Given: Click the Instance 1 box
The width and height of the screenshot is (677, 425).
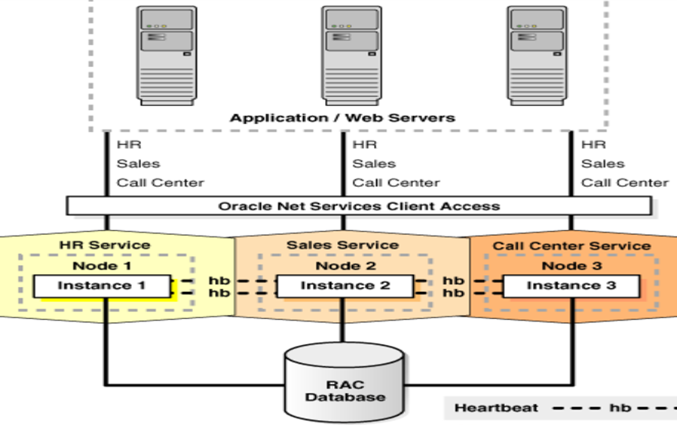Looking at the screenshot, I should (x=102, y=286).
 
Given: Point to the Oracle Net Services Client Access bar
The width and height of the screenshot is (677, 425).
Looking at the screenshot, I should (x=358, y=206).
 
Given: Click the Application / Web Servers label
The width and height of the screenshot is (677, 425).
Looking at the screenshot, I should (x=342, y=118).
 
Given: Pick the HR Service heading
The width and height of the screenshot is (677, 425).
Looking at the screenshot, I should (x=105, y=245).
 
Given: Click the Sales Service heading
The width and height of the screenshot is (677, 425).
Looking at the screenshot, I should (x=342, y=245).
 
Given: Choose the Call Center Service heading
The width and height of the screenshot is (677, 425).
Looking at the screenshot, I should (x=571, y=246).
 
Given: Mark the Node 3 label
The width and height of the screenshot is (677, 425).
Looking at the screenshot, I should (x=571, y=265).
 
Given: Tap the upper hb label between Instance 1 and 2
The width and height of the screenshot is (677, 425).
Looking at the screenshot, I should (x=218, y=280).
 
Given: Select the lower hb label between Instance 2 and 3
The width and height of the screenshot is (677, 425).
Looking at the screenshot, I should (x=453, y=292).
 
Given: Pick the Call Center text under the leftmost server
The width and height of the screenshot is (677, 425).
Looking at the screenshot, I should (x=160, y=183).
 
